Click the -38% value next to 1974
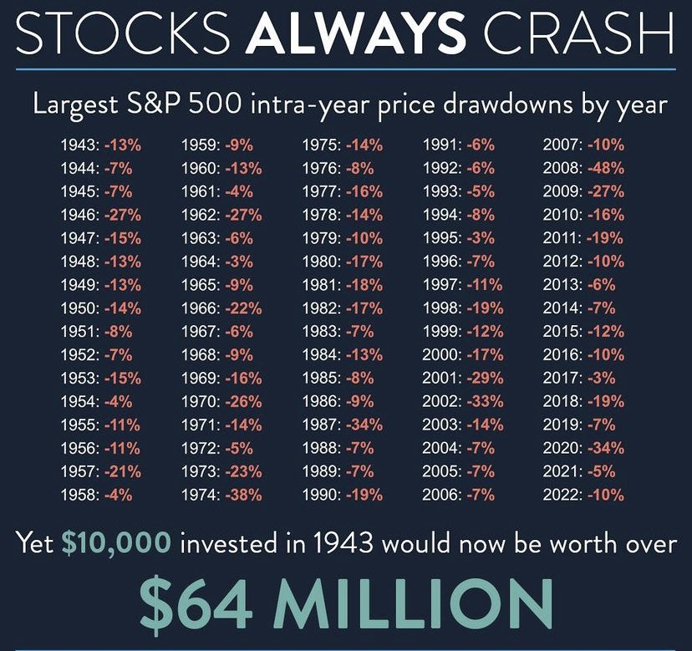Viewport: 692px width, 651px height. click(243, 496)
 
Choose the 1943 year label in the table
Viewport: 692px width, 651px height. click(79, 145)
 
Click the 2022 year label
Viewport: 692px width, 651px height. click(562, 496)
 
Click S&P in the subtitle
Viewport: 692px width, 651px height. click(155, 106)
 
